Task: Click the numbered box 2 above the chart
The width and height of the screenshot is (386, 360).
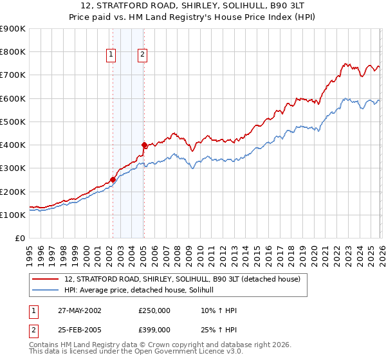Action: [142, 55]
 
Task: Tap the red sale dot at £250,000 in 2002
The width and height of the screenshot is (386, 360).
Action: [113, 180]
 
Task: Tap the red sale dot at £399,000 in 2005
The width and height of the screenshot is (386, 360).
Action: [144, 145]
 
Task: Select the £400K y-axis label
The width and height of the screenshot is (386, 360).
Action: [13, 145]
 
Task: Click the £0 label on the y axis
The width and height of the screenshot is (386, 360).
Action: [19, 239]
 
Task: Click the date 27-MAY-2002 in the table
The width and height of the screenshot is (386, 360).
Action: [80, 310]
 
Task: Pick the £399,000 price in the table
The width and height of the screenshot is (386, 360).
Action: [154, 329]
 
